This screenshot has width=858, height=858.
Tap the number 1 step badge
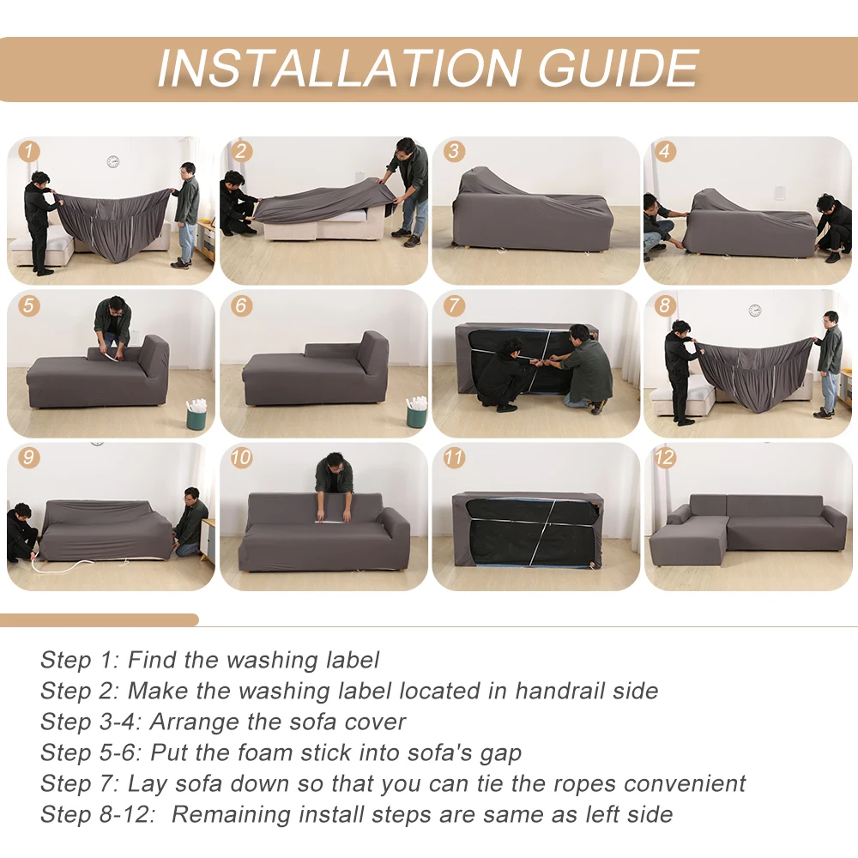[x=30, y=152]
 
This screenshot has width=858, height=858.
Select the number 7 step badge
[x=454, y=305]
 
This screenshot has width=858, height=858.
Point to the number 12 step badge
[x=665, y=457]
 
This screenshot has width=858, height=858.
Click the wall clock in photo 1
[x=112, y=161]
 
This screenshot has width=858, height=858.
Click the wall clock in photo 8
[x=754, y=310]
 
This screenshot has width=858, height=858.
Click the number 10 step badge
[x=241, y=457]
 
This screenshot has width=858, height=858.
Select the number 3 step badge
[x=454, y=152]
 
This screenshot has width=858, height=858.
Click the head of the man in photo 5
[x=114, y=306]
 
